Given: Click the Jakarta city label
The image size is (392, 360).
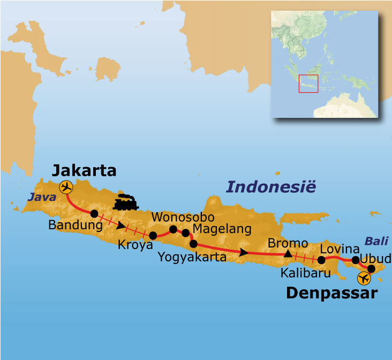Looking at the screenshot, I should [x=84, y=171].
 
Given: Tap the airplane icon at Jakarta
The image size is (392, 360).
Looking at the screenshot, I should [x=66, y=187].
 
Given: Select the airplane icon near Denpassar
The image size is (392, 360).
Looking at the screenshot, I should [x=364, y=279].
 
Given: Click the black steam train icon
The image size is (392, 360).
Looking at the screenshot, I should [x=126, y=202].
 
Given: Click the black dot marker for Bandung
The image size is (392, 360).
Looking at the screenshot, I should [x=94, y=213].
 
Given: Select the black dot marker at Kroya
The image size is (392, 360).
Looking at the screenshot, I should [x=153, y=235].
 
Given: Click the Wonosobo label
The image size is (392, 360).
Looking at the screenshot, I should [x=183, y=217].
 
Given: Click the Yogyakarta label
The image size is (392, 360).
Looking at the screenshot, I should [x=192, y=257].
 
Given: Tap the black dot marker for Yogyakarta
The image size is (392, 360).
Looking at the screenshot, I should [x=193, y=244].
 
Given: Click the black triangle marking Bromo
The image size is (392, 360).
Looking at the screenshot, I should [x=288, y=253].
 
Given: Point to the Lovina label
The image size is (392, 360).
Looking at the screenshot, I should [x=339, y=249].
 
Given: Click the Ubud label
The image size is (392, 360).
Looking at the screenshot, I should [x=375, y=259].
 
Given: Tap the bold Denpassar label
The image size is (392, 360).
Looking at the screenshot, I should [x=331, y=293].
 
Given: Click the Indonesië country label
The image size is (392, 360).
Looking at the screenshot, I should [x=271, y=187].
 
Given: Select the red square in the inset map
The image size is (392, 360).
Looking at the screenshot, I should [x=308, y=84].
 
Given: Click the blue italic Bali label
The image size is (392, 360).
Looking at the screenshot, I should [x=376, y=241].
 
